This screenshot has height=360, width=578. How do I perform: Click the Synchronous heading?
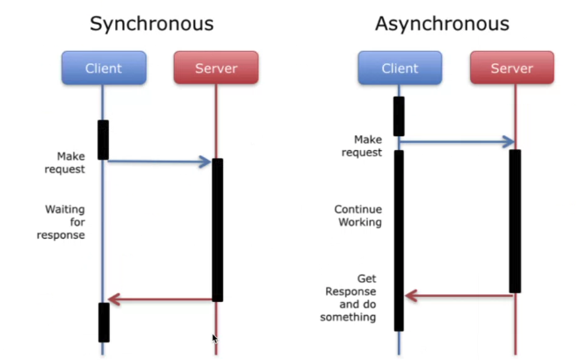151,24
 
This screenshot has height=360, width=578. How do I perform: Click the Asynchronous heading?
442,24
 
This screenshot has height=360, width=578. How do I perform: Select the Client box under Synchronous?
104,68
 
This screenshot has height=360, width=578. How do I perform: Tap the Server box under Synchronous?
216,68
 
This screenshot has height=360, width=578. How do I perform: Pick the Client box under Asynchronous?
400,68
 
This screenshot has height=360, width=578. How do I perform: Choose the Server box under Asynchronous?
512,68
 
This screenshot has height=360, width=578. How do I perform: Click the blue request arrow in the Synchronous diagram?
160,162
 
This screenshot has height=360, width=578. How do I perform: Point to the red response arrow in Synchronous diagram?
160,299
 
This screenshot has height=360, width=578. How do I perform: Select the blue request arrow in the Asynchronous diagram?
457,141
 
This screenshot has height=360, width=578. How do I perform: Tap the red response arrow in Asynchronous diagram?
459,296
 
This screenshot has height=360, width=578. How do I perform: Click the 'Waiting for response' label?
61,222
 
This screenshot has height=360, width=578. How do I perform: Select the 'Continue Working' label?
358,215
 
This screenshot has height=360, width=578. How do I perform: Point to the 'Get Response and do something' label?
349,298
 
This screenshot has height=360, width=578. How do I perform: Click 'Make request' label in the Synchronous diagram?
65,162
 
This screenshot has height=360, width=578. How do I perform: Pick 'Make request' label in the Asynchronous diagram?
362,146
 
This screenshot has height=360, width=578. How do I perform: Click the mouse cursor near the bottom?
215,339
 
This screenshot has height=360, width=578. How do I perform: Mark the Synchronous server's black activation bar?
218,230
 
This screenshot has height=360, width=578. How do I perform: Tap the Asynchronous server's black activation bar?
515,221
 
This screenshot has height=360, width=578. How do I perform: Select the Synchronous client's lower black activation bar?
104,322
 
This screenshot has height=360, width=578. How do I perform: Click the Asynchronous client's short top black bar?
399,117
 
